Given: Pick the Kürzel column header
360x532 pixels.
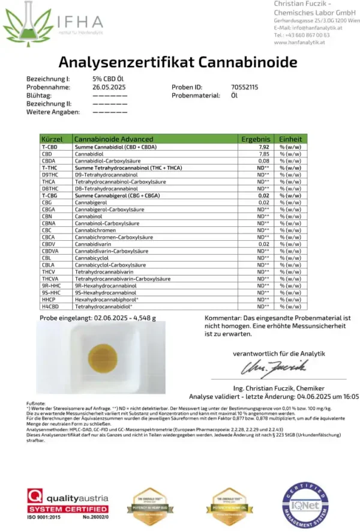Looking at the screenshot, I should tap(53, 139).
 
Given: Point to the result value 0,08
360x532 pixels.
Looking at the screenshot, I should tap(262, 161).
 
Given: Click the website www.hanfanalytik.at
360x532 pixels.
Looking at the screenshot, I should tap(299, 43).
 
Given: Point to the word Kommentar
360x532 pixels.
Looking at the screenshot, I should tap(222, 317).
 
